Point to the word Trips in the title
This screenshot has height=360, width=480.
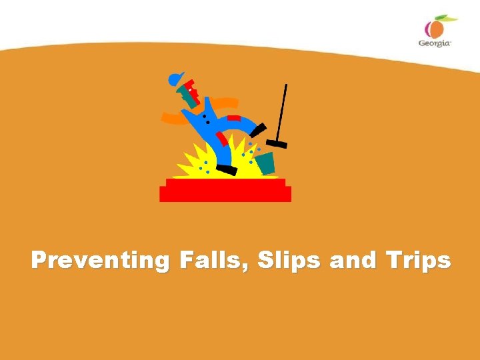click(x=415, y=260)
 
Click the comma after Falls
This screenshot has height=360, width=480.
click(x=248, y=267)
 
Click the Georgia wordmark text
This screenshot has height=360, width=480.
click(x=435, y=42)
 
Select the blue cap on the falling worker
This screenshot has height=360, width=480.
click(x=176, y=79)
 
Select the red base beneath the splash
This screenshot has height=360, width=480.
click(x=225, y=191)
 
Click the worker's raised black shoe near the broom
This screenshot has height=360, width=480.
click(x=258, y=129)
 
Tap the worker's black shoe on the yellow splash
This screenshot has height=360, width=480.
click(x=227, y=171)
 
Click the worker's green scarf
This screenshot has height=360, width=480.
click(x=190, y=99)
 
